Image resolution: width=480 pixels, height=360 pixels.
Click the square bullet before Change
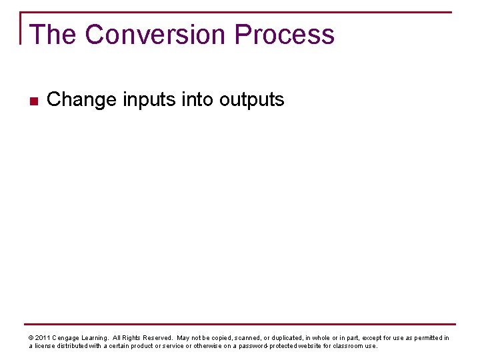[x=33, y=101]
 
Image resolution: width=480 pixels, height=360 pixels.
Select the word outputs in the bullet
[x=252, y=100]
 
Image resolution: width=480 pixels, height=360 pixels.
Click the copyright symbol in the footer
[x=31, y=338]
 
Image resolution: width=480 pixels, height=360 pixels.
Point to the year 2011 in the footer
[x=42, y=338]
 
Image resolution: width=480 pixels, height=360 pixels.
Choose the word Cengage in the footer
[x=67, y=338]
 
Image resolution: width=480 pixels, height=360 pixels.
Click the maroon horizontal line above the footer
[x=240, y=325]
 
